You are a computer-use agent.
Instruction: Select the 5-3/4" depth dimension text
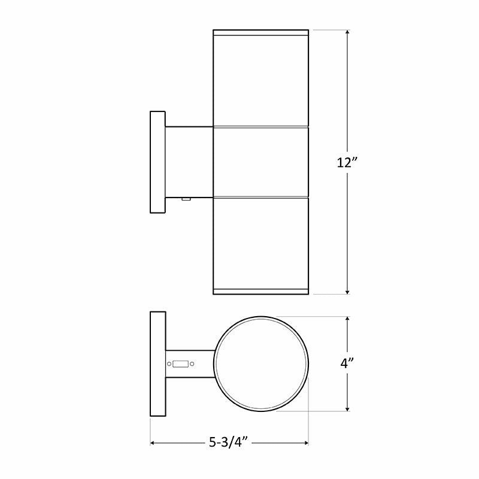point(229,443)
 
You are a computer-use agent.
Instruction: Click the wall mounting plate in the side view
point(157,162)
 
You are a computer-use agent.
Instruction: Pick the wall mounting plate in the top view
point(157,363)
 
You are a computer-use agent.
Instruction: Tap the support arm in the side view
point(189,162)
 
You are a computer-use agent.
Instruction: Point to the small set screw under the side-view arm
point(186,199)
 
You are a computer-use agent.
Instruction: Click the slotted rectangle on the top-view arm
point(181,363)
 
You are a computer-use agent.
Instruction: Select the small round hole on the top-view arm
point(169,363)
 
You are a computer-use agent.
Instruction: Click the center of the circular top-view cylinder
point(261,363)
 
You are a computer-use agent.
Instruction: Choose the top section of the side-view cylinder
point(261,78)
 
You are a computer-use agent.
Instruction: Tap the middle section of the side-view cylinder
point(261,162)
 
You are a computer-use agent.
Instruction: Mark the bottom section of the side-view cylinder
point(261,242)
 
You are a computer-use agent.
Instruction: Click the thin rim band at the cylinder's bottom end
point(261,292)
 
